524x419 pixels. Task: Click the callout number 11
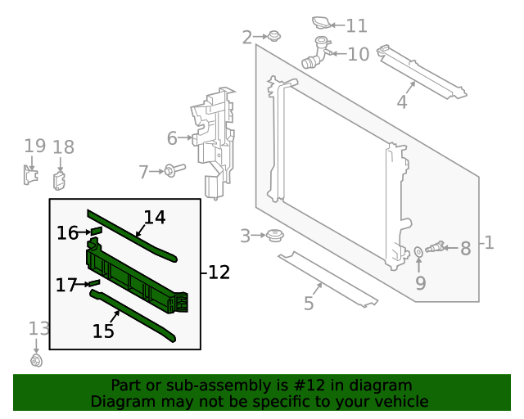[x=356, y=26]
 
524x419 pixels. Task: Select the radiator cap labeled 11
[x=323, y=22]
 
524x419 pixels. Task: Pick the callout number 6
[x=172, y=137]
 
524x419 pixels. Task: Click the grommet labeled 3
[x=274, y=237]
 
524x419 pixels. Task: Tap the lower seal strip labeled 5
[x=327, y=278]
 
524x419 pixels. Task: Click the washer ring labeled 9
[x=418, y=250]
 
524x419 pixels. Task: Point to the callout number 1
[x=488, y=243]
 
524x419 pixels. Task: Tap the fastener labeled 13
[x=36, y=360]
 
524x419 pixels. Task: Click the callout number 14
[x=155, y=218]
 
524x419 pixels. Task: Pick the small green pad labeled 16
[x=95, y=232]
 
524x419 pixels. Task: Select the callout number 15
[x=103, y=331]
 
